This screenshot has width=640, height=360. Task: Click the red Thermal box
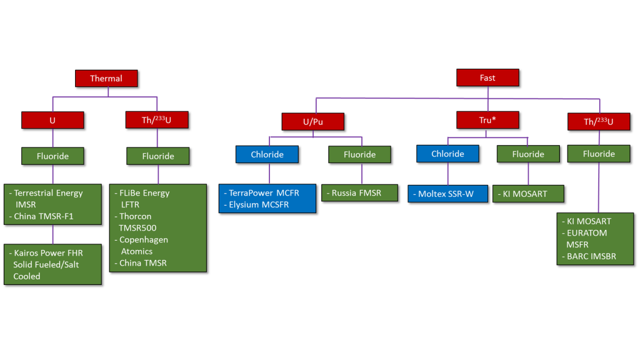(106, 78)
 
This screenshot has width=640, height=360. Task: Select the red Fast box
(487, 77)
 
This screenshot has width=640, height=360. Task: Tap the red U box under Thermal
(52, 120)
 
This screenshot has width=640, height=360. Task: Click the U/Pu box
(312, 121)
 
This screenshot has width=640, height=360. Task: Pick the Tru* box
(487, 120)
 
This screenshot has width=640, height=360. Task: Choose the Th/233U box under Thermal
(157, 120)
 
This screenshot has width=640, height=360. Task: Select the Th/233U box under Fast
(598, 121)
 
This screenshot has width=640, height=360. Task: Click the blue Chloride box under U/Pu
(267, 154)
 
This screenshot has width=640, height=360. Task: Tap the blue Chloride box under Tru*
(447, 154)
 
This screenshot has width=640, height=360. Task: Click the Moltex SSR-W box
(447, 194)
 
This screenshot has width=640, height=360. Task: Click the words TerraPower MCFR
(264, 192)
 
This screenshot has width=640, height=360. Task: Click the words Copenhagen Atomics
(144, 245)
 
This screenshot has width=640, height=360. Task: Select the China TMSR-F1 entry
(44, 216)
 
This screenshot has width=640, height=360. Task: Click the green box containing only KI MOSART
(528, 194)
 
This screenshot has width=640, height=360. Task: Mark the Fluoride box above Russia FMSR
(359, 154)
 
